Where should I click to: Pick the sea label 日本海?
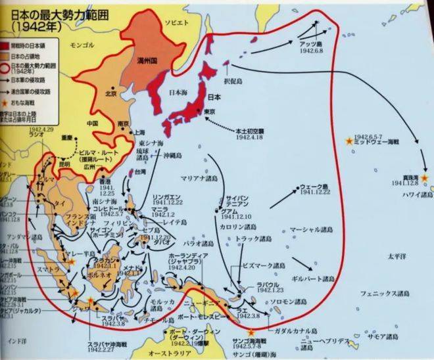click(x=180, y=93)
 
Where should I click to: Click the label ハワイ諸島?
click(x=416, y=195)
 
